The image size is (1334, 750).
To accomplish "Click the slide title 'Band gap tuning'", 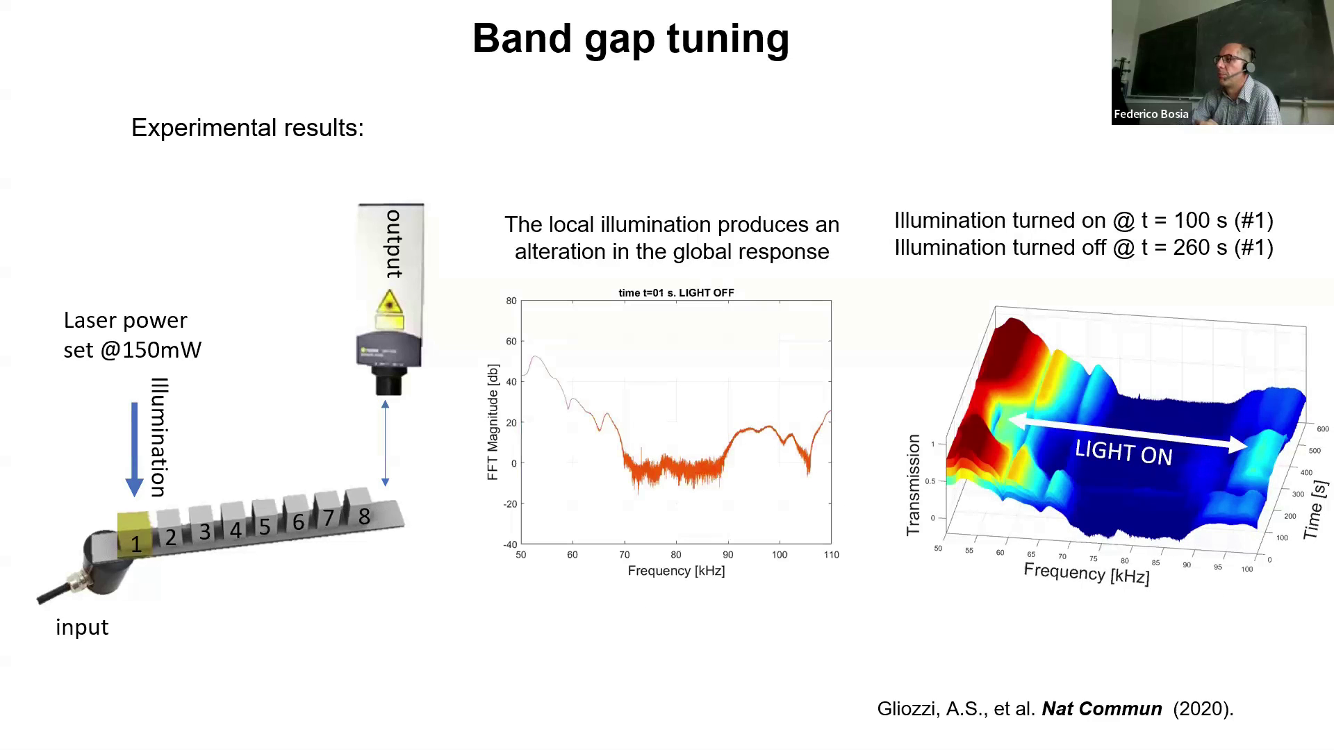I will pyautogui.click(x=630, y=38).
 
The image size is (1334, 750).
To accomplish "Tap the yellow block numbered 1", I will pyautogui.click(x=135, y=535).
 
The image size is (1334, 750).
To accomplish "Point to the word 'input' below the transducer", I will pyautogui.click(x=82, y=627).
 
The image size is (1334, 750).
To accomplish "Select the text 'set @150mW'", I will pyautogui.click(x=132, y=350).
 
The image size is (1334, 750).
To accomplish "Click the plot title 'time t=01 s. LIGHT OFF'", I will pyautogui.click(x=676, y=293).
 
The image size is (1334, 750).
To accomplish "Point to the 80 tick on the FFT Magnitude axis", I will pyautogui.click(x=511, y=301).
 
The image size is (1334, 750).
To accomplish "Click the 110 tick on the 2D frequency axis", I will pyautogui.click(x=831, y=555).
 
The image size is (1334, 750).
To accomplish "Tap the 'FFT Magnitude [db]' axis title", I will pyautogui.click(x=493, y=422).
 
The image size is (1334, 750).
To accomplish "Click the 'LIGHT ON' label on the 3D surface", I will pyautogui.click(x=1123, y=453).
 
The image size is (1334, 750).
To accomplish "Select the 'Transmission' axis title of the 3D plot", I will pyautogui.click(x=913, y=485).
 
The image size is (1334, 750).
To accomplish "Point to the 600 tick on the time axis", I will pyautogui.click(x=1323, y=429).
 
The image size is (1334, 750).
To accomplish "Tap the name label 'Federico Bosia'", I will pyautogui.click(x=1151, y=115).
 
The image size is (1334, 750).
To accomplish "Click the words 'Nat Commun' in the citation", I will pyautogui.click(x=1101, y=709).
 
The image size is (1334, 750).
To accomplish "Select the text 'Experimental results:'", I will pyautogui.click(x=247, y=128).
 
